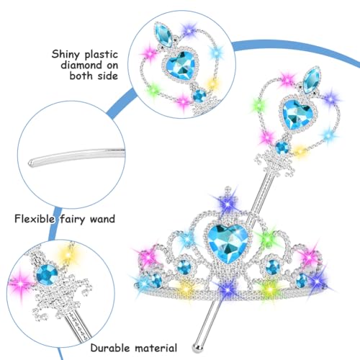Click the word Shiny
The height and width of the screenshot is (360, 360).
tap(66, 55)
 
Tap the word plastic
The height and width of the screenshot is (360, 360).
tap(102, 55)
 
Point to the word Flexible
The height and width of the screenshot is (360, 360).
tap(35, 219)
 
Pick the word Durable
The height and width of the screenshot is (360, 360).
tap(110, 348)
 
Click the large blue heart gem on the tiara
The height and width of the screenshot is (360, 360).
tap(228, 243)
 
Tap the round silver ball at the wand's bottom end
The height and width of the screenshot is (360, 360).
tap(197, 347)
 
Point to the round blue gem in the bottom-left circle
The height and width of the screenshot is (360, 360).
tap(47, 274)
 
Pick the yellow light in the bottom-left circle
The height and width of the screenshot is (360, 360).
tap(68, 254)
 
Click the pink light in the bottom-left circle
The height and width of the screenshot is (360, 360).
tap(21, 283)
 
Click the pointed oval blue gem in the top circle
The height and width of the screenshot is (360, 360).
tap(163, 35)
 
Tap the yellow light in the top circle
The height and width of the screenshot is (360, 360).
tap(212, 84)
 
